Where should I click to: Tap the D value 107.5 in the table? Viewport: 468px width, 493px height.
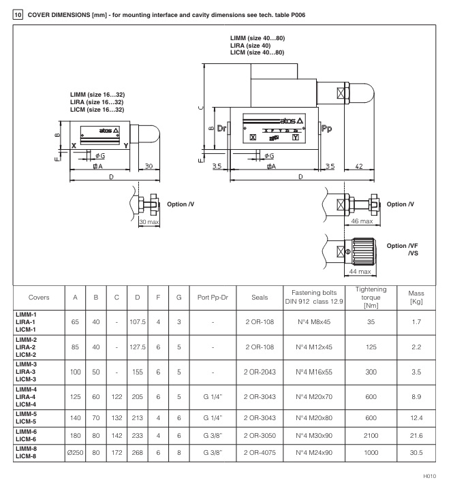[x=137, y=330]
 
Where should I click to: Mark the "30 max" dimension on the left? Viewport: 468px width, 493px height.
[x=149, y=223]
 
